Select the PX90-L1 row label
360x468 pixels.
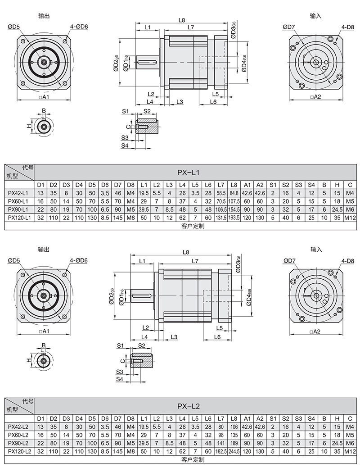19,209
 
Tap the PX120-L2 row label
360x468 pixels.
19,450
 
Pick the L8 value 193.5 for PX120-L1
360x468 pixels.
234,218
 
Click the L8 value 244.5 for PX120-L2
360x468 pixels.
234,450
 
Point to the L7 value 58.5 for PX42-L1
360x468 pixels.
220,193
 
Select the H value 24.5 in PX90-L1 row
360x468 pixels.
337,209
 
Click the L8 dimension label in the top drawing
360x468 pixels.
182,20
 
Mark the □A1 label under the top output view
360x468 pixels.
44,97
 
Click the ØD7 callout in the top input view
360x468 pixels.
289,27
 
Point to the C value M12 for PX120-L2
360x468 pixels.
350,450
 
